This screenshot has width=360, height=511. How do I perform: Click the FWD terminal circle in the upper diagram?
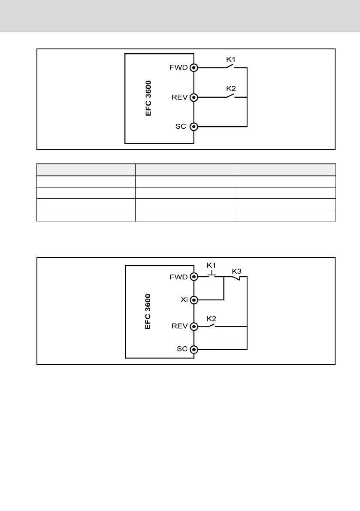pyautogui.click(x=194, y=68)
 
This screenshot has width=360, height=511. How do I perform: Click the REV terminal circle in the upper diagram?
pyautogui.click(x=194, y=97)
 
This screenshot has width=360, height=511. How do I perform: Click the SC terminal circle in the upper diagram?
pyautogui.click(x=194, y=127)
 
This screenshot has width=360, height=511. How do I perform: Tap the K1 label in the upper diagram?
pyautogui.click(x=231, y=60)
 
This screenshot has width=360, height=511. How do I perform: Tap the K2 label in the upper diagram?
pyautogui.click(x=231, y=89)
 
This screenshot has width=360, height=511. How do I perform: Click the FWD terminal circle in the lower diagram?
pyautogui.click(x=194, y=277)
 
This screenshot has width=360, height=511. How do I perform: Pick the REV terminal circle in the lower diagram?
pyautogui.click(x=194, y=326)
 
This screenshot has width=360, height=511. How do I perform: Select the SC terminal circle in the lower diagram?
pyautogui.click(x=194, y=349)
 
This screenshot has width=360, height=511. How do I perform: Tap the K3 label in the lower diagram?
pyautogui.click(x=237, y=271)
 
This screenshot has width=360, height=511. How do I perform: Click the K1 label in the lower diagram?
pyautogui.click(x=212, y=266)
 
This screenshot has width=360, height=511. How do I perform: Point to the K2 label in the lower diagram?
pyautogui.click(x=212, y=319)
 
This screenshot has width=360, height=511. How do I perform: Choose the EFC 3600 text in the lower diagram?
pyautogui.click(x=148, y=311)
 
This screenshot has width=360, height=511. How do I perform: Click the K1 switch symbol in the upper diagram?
pyautogui.click(x=230, y=67)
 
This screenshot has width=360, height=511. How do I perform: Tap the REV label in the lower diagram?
pyautogui.click(x=179, y=326)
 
